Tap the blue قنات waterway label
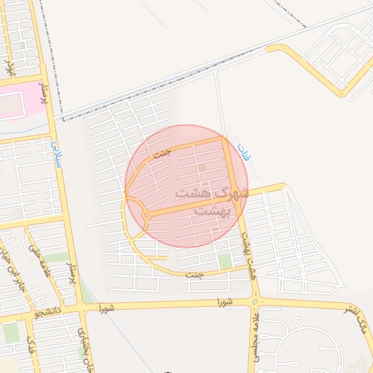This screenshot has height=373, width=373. pyautogui.click(x=243, y=154)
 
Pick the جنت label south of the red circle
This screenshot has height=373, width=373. pyautogui.click(x=193, y=275)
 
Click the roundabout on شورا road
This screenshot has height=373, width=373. pyautogui.click(x=255, y=301)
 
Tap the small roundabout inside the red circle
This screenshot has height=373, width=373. pyautogui.click(x=146, y=215)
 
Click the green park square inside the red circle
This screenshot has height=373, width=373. pyautogui.click(x=202, y=168)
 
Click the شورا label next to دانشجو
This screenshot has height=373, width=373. pyautogui.click(x=107, y=308)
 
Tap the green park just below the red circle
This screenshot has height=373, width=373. pyautogui.click(x=224, y=261)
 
